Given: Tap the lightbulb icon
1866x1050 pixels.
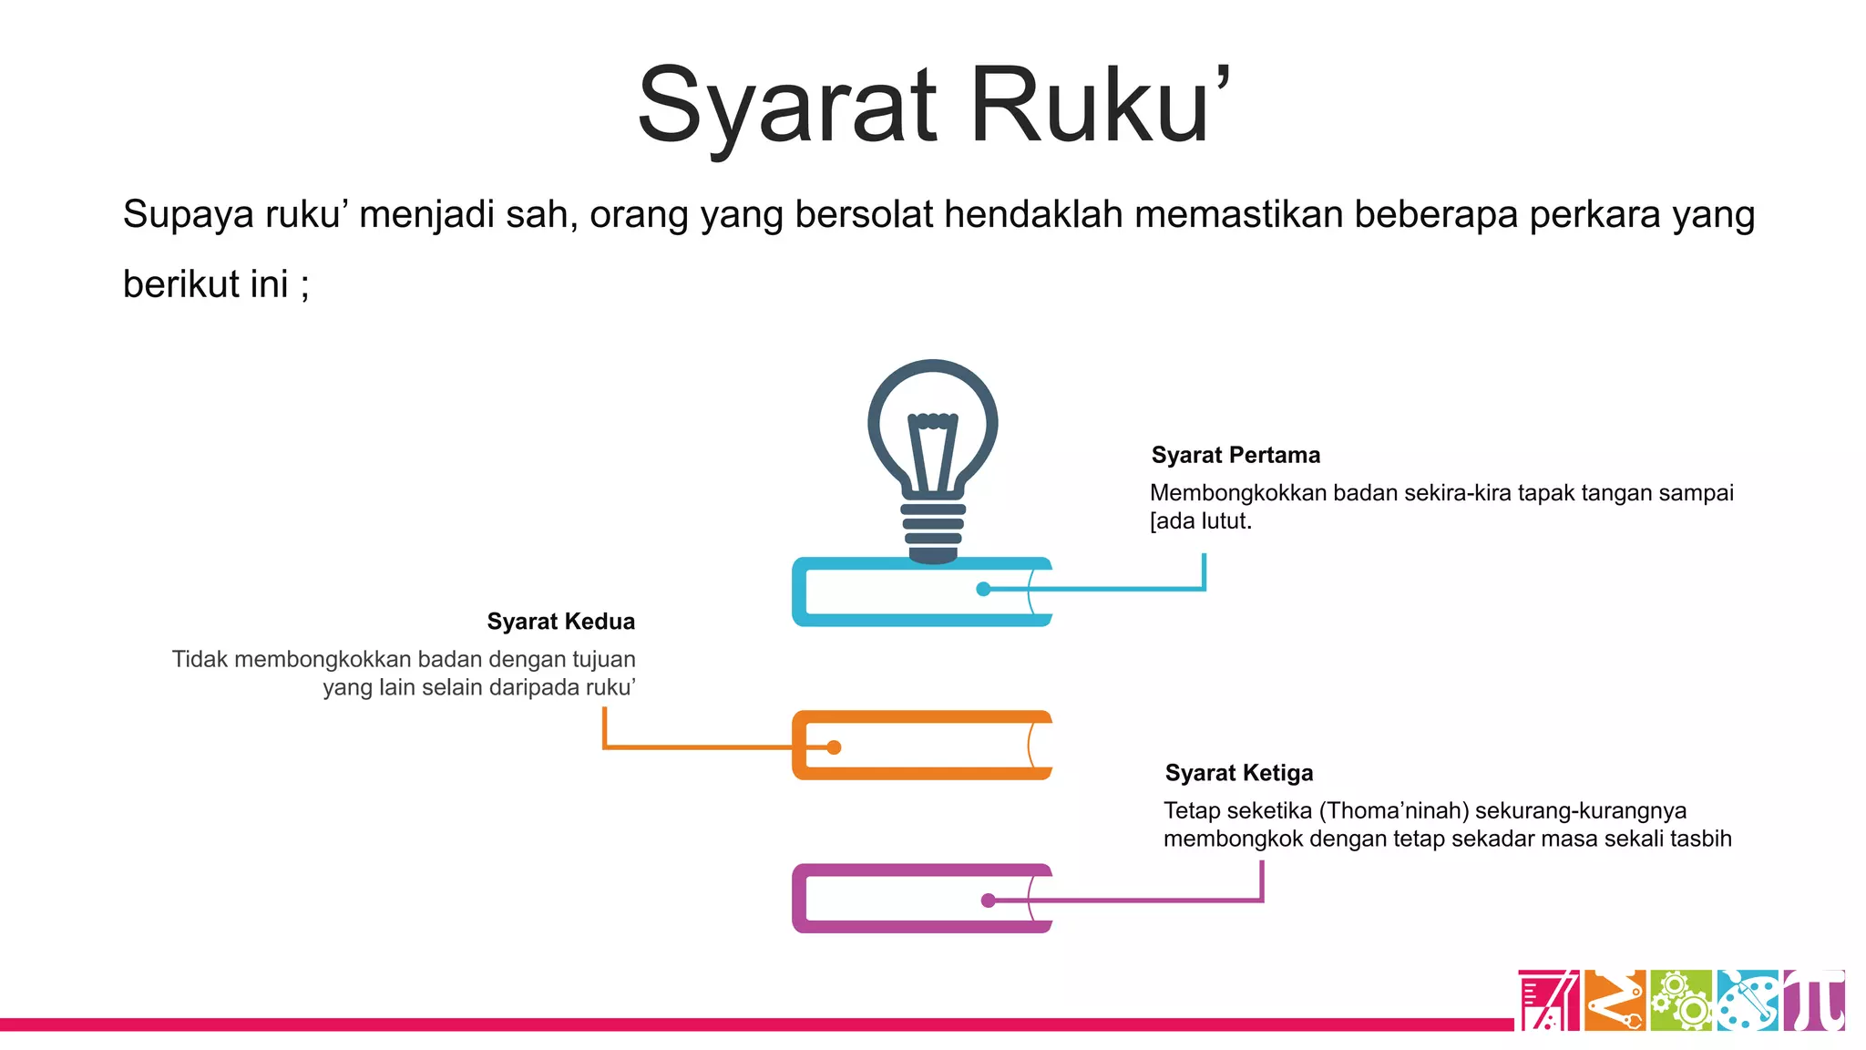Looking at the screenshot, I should pyautogui.click(x=932, y=456).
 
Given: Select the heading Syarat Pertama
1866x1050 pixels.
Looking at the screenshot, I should pyautogui.click(x=1235, y=455).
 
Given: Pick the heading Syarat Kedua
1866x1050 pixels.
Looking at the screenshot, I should pyautogui.click(x=560, y=622).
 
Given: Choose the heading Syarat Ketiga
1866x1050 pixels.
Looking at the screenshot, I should pyautogui.click(x=1239, y=773).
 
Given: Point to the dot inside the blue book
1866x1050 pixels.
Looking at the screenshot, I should pyautogui.click(x=983, y=589).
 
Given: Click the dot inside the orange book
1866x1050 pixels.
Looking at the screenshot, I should pyautogui.click(x=834, y=747).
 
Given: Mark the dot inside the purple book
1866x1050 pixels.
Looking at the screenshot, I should pyautogui.click(x=988, y=901).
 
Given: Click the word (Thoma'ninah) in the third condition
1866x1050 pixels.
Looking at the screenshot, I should pyautogui.click(x=1394, y=810).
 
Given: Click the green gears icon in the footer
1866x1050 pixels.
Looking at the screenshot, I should pyautogui.click(x=1681, y=1000).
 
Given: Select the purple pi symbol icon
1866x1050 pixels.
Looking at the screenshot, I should pyautogui.click(x=1814, y=1000).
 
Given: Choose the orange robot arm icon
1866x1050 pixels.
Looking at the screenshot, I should pyautogui.click(x=1615, y=1000).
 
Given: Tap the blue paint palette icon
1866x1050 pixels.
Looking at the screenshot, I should pyautogui.click(x=1748, y=1000).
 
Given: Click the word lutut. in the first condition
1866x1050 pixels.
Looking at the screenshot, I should pyautogui.click(x=1225, y=521).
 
